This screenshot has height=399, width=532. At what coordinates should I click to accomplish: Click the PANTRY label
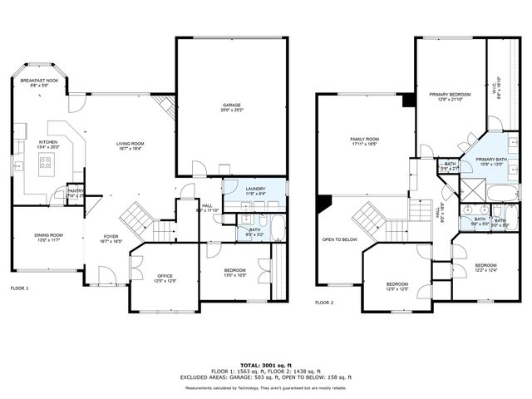click(76, 190)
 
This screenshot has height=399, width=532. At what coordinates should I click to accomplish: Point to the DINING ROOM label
click(48, 235)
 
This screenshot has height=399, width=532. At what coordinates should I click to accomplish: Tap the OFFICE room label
click(164, 276)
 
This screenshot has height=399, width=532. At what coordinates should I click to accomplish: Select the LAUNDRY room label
click(256, 189)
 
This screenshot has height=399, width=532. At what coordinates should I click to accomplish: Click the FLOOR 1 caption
click(19, 288)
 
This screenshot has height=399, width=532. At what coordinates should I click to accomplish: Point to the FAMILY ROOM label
click(365, 139)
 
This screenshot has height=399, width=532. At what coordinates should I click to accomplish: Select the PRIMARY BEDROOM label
click(450, 95)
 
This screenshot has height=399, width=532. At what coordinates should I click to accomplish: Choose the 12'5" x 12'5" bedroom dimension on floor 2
click(397, 289)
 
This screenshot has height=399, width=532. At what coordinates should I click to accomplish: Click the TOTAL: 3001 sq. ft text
click(266, 365)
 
